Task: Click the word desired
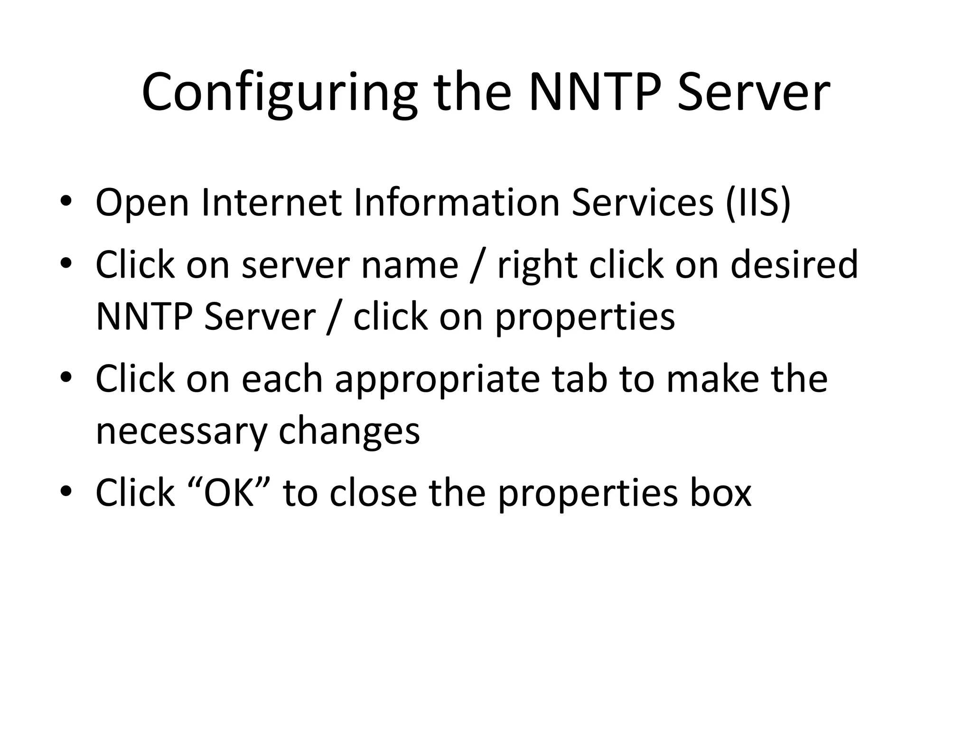tap(794, 264)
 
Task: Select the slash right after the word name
tap(476, 266)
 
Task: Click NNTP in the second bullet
tap(144, 317)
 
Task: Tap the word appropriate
tap(437, 380)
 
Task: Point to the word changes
tap(349, 432)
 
